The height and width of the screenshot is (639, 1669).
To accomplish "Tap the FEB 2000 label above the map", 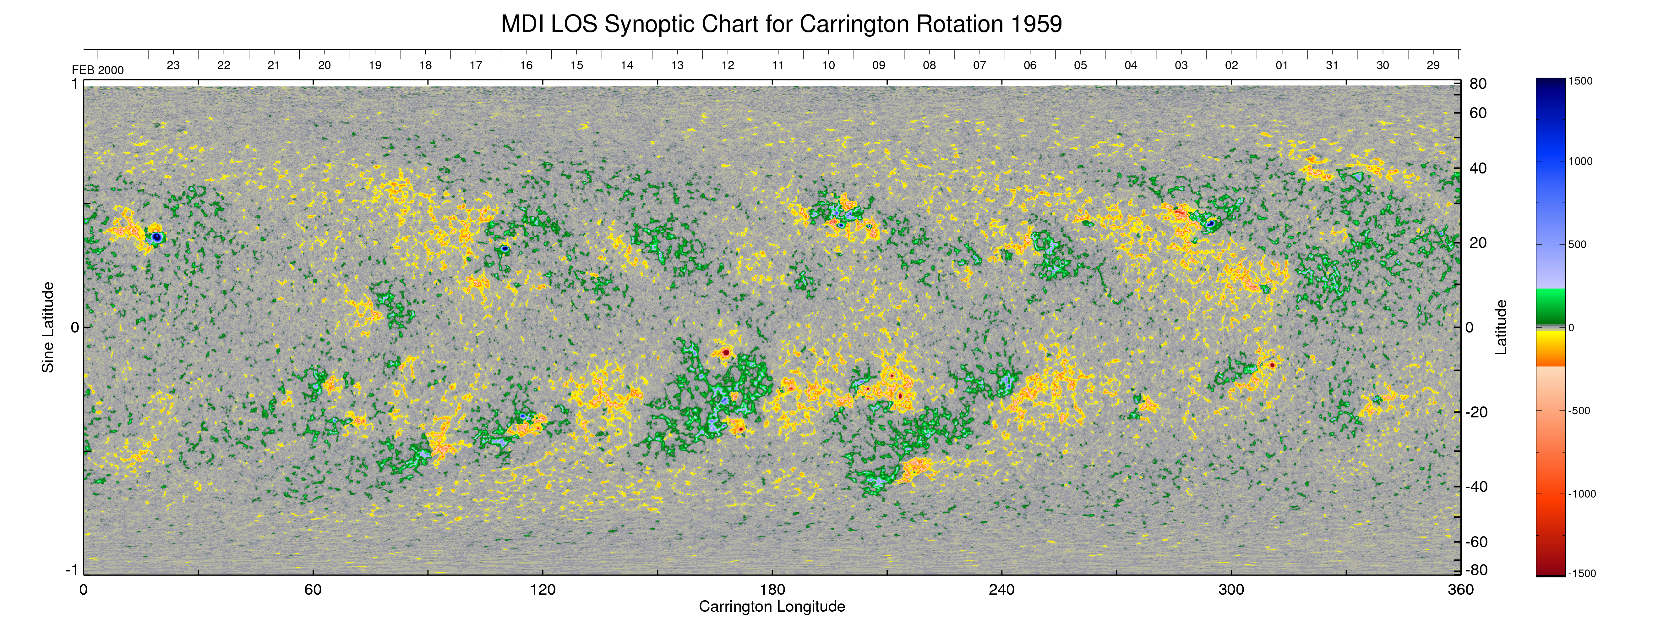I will pyautogui.click(x=98, y=70).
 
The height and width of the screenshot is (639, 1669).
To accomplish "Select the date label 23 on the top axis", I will pyautogui.click(x=173, y=65).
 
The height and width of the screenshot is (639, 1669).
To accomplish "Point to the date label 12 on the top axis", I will pyautogui.click(x=728, y=65).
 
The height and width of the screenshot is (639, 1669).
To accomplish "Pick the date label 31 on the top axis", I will pyautogui.click(x=1332, y=65).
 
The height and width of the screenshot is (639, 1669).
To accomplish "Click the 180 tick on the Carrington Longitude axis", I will pyautogui.click(x=772, y=590).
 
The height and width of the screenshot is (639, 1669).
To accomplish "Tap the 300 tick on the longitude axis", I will pyautogui.click(x=1231, y=590).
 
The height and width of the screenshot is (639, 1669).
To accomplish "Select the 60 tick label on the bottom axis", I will pyautogui.click(x=313, y=590).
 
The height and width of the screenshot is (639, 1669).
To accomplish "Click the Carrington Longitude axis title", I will pyautogui.click(x=772, y=607).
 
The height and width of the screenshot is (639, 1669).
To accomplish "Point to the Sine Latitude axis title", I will pyautogui.click(x=48, y=327).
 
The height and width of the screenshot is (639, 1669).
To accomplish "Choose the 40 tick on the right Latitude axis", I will pyautogui.click(x=1478, y=168).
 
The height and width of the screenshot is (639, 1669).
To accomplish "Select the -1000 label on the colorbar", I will pyautogui.click(x=1582, y=494).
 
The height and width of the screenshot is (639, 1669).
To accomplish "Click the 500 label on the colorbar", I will pyautogui.click(x=1578, y=244).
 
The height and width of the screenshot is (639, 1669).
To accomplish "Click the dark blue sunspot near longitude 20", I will pyautogui.click(x=157, y=237).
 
